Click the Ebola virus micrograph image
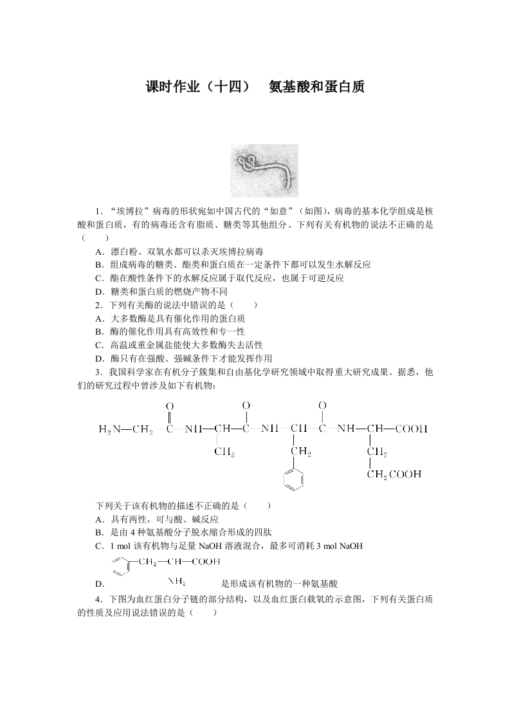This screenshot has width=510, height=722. tap(264, 171)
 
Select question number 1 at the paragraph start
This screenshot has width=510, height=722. tap(98, 211)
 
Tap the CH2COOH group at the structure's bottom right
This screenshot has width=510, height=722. tap(394, 475)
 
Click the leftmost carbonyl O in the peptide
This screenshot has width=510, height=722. tap(170, 406)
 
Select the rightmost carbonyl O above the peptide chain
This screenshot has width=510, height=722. tap(322, 405)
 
